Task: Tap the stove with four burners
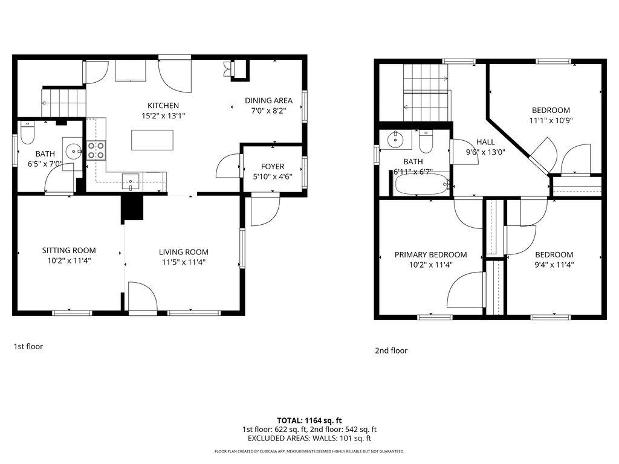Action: (x=96, y=149)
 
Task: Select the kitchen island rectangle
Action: (x=152, y=140)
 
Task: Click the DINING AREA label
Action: (x=268, y=100)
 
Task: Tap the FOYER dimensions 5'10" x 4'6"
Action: (x=273, y=177)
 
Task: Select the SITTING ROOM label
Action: (x=69, y=250)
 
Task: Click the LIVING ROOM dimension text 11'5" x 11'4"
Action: (x=184, y=262)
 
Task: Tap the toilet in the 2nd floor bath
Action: (x=426, y=143)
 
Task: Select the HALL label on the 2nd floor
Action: (x=485, y=142)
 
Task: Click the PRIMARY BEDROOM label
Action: (x=430, y=254)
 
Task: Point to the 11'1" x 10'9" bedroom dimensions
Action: (x=551, y=120)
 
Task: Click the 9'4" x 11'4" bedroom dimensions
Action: (x=554, y=265)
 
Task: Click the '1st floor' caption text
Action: (x=28, y=346)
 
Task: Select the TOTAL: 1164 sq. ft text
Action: (x=309, y=420)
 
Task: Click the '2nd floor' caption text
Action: (x=391, y=350)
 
